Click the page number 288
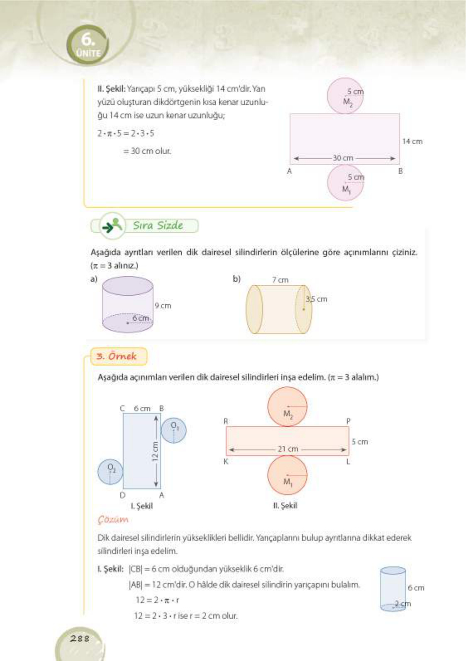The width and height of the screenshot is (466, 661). [x=80, y=638]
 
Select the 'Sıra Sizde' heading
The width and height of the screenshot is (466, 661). [x=158, y=226]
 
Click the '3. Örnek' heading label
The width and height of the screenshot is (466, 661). [x=119, y=356]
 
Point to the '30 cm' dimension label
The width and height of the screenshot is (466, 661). [x=343, y=158]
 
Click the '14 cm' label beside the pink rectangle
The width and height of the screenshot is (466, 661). [x=412, y=141]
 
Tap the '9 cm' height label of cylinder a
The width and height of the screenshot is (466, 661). [x=163, y=306]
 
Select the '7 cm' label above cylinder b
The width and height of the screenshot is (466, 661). [x=280, y=280]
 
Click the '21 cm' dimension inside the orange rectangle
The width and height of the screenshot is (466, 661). [x=288, y=449]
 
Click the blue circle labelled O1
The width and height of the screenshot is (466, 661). [x=173, y=430]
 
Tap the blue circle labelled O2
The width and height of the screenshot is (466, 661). [x=110, y=472]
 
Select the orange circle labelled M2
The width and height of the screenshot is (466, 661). [x=287, y=407]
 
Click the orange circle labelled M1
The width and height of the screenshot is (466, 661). [x=287, y=475]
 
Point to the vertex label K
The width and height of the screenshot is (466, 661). [x=226, y=462]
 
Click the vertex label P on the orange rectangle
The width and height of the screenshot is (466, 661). [x=348, y=421]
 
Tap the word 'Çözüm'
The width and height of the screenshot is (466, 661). [x=113, y=519]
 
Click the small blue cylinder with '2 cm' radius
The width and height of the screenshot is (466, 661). [x=393, y=589]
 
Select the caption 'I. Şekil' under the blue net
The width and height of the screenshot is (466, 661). [x=142, y=506]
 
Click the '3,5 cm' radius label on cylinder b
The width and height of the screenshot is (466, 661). [x=316, y=299]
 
